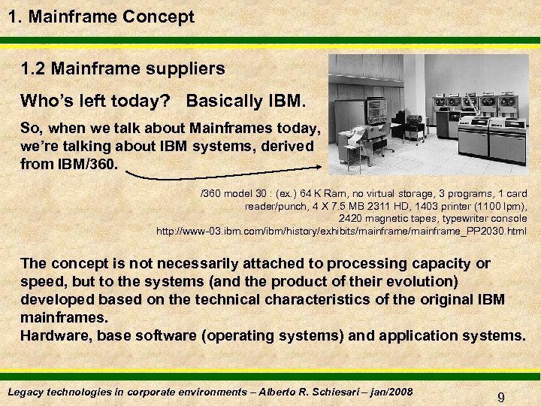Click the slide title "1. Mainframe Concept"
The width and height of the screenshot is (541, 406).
[101, 17]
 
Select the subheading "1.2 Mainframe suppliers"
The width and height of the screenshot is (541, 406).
[123, 69]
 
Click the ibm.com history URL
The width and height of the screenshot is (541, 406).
[341, 231]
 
